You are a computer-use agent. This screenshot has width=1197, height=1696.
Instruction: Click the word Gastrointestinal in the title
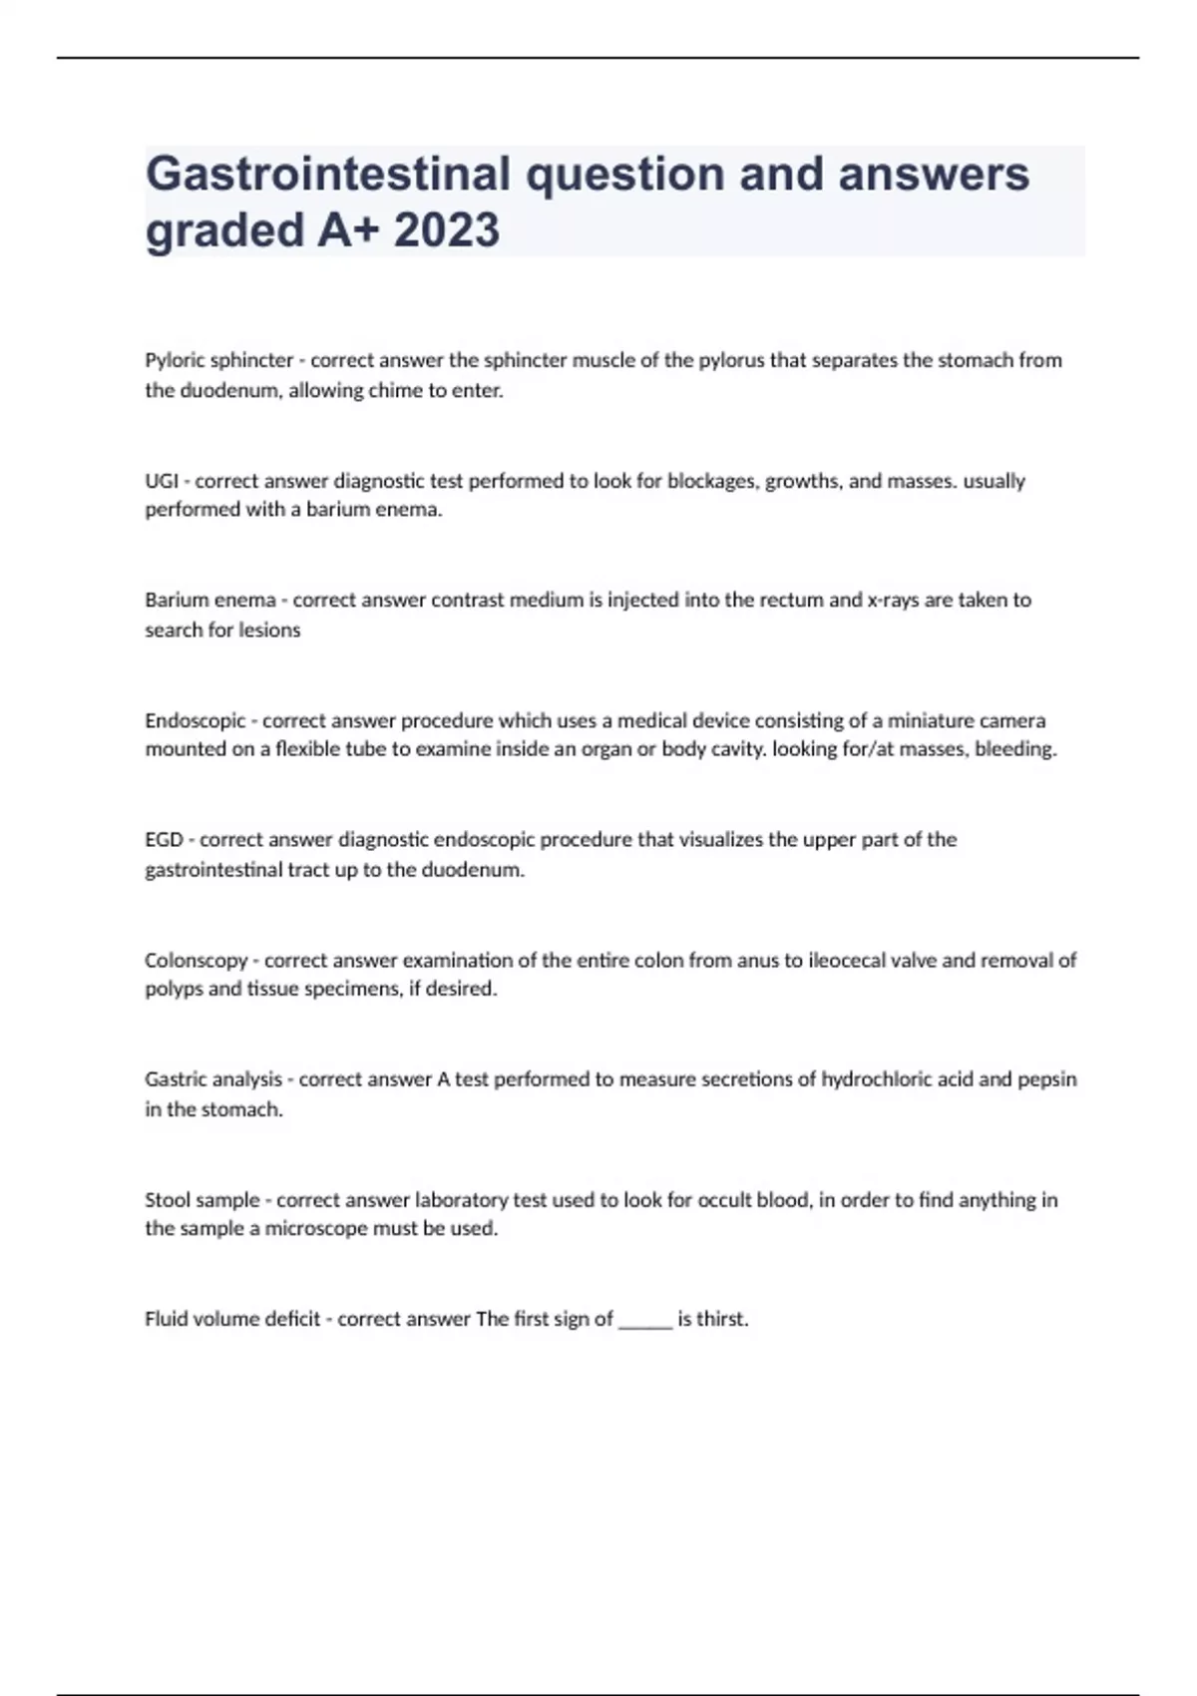pos(328,174)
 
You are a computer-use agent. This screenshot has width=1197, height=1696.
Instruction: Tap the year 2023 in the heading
pos(446,230)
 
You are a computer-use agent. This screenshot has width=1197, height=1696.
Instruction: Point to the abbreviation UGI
pos(162,481)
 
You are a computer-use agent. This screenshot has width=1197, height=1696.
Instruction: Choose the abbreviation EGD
pos(164,840)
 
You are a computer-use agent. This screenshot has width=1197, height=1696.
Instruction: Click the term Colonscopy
pos(196,961)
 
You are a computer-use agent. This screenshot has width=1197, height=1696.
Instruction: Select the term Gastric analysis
pos(213,1079)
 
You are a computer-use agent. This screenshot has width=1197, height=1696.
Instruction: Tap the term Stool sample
pos(201,1200)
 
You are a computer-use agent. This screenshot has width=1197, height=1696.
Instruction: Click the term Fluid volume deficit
pos(232,1319)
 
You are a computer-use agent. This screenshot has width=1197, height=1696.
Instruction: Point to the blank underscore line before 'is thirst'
pos(645,1321)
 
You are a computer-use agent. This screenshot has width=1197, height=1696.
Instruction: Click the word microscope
pos(317,1229)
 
